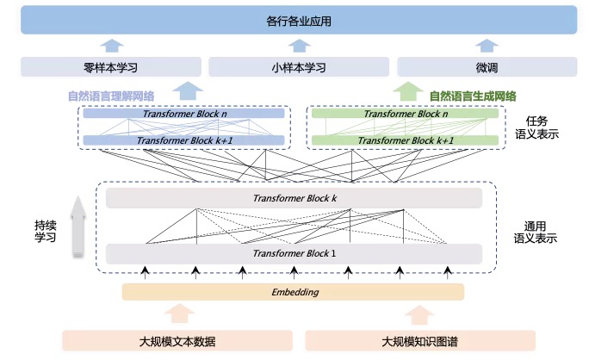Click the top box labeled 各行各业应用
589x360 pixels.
point(299,20)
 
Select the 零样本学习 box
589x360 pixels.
point(111,67)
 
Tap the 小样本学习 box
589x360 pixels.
point(299,67)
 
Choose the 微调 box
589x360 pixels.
point(487,67)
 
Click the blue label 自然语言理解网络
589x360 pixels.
point(111,96)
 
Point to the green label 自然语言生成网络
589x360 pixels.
point(473,96)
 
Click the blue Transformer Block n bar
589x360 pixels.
point(183,114)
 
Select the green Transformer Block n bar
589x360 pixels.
point(405,114)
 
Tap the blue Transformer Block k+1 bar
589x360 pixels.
point(183,140)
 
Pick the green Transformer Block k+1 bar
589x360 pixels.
point(405,140)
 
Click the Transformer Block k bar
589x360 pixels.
point(294,198)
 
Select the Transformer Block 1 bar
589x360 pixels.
point(294,254)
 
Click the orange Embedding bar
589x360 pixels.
point(293,292)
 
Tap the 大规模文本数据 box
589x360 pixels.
point(177,341)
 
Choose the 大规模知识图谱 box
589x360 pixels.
point(420,341)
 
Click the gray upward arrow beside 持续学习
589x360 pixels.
point(78,227)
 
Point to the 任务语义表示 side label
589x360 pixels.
point(536,127)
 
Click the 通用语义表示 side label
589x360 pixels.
point(536,233)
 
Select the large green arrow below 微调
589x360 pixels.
point(408,91)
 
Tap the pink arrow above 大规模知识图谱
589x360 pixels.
point(419,314)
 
